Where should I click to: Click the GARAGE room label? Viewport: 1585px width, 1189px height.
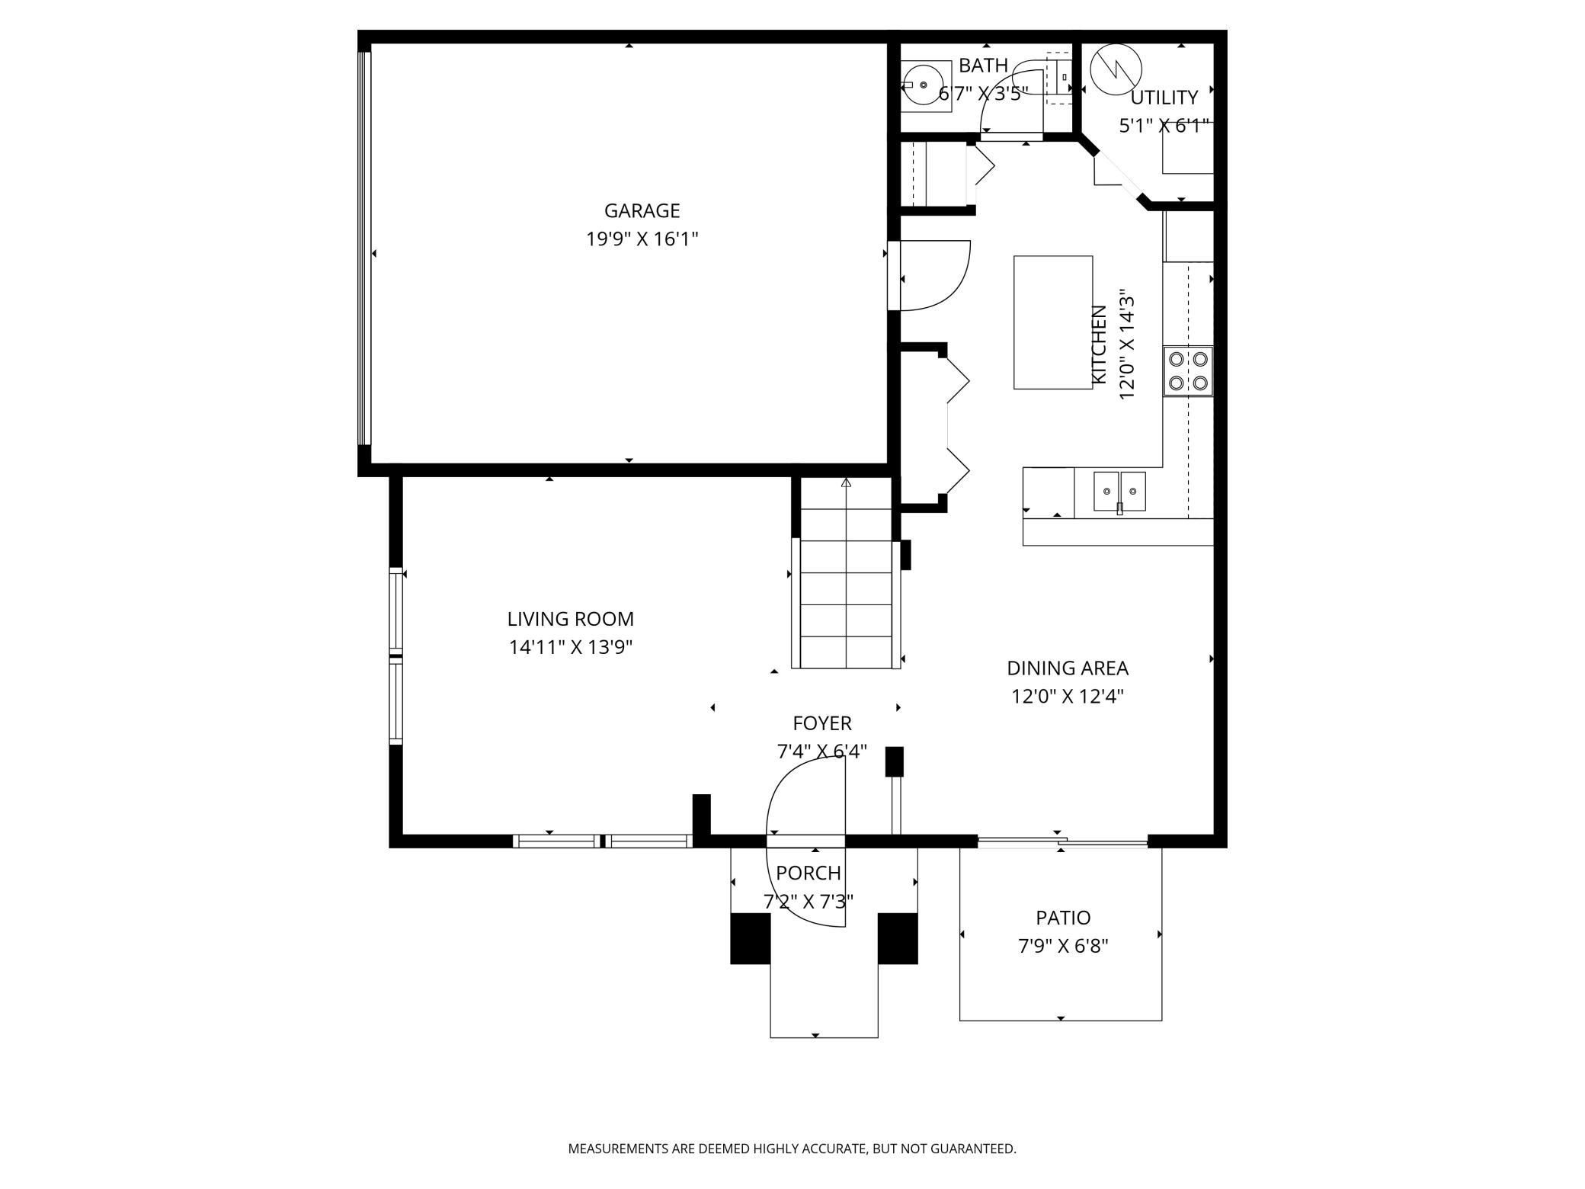pos(642,210)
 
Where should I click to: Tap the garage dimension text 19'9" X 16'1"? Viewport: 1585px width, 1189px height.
pos(642,239)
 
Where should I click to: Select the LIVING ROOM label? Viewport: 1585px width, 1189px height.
pos(571,619)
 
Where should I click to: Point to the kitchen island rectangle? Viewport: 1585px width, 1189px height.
pos(1053,322)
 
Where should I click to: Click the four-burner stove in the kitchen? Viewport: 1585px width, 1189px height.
pos(1188,371)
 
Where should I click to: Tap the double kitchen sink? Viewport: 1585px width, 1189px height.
pos(1119,492)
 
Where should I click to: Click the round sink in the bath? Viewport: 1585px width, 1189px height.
pos(924,85)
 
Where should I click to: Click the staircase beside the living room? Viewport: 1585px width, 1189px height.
pos(846,573)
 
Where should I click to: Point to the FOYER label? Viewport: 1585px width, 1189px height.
pos(822,723)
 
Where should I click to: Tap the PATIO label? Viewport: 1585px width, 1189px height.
pos(1063,918)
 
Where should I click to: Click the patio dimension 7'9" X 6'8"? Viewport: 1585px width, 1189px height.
pos(1063,947)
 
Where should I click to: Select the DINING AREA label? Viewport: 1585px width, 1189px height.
pos(1068,668)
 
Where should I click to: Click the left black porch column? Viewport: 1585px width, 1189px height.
pos(751,938)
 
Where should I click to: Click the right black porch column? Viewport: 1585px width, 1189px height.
pos(898,938)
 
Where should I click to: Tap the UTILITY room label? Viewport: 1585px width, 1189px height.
pos(1164,98)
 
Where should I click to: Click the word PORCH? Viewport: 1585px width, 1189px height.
pos(809,873)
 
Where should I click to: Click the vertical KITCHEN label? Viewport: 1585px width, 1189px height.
pos(1099,345)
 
